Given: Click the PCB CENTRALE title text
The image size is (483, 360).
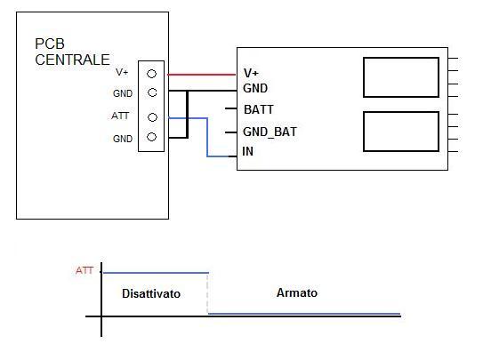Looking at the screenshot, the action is point(72,52).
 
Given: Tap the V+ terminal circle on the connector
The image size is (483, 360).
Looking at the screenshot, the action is point(151,74).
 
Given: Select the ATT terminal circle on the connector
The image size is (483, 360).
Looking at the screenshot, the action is point(152,117).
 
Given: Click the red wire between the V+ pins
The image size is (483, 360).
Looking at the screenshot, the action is point(201,75).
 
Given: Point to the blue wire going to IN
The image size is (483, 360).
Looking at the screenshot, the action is point(207,137).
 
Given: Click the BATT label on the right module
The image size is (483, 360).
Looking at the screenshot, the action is point(259,109).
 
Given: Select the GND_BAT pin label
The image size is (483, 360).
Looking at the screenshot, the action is point(270,132).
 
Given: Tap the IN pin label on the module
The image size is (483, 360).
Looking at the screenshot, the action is point(248,151).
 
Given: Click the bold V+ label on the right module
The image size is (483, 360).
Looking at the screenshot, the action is point(251,73).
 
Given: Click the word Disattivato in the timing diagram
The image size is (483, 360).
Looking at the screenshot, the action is point(151,293).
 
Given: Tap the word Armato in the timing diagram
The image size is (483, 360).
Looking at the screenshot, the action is point(297,292).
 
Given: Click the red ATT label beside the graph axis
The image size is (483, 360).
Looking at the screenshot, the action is point(85,271).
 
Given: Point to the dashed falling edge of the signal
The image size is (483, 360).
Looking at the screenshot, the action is point(207,293).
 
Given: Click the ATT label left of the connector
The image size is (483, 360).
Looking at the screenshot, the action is point(120,116).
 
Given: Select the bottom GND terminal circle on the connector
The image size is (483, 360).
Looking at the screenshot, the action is point(151,137).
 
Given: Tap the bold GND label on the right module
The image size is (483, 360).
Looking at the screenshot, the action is point(255,88).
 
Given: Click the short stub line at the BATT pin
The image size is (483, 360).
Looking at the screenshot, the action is point(230,108).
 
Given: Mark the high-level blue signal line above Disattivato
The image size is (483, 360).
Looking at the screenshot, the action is point(157,273).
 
